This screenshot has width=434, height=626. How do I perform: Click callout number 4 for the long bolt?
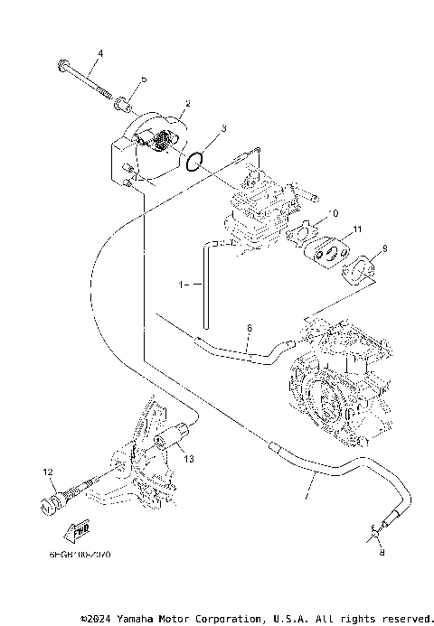100,54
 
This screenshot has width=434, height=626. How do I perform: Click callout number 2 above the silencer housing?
186,104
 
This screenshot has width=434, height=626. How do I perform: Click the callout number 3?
222,130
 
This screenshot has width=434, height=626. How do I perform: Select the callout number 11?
357,229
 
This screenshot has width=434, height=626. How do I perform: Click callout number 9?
385,248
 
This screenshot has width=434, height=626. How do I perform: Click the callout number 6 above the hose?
250,329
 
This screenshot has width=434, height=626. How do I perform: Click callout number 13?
188,460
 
